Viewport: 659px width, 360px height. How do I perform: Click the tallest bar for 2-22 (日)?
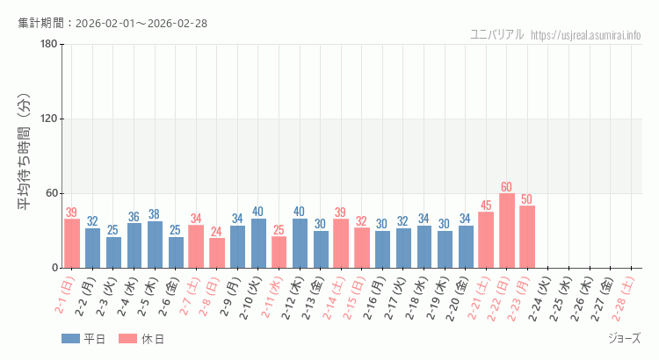(507, 231)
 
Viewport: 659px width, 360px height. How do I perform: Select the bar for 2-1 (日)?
(72, 243)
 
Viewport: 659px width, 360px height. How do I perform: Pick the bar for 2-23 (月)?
(527, 237)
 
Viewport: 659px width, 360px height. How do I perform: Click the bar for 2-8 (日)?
(217, 253)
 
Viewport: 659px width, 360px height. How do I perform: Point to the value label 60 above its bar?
(507, 187)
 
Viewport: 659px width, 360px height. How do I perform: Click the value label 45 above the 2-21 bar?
(486, 205)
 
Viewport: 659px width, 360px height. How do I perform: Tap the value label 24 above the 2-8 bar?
(217, 232)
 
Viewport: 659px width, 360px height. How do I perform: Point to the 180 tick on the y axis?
(48, 45)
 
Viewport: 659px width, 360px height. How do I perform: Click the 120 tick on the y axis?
(48, 119)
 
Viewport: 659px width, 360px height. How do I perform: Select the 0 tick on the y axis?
(54, 268)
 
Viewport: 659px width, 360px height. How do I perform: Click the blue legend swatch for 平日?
(70, 339)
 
